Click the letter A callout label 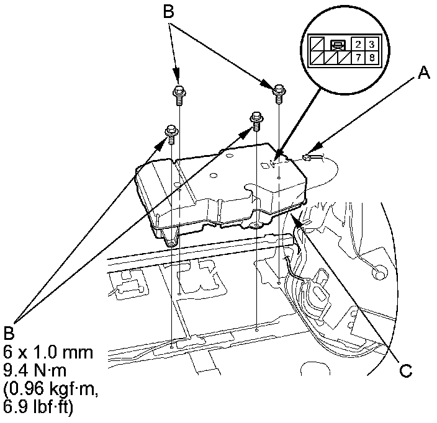point(423,74)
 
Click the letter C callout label point(405,372)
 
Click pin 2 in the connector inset point(358,45)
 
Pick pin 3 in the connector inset point(371,45)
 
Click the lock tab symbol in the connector point(338,45)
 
